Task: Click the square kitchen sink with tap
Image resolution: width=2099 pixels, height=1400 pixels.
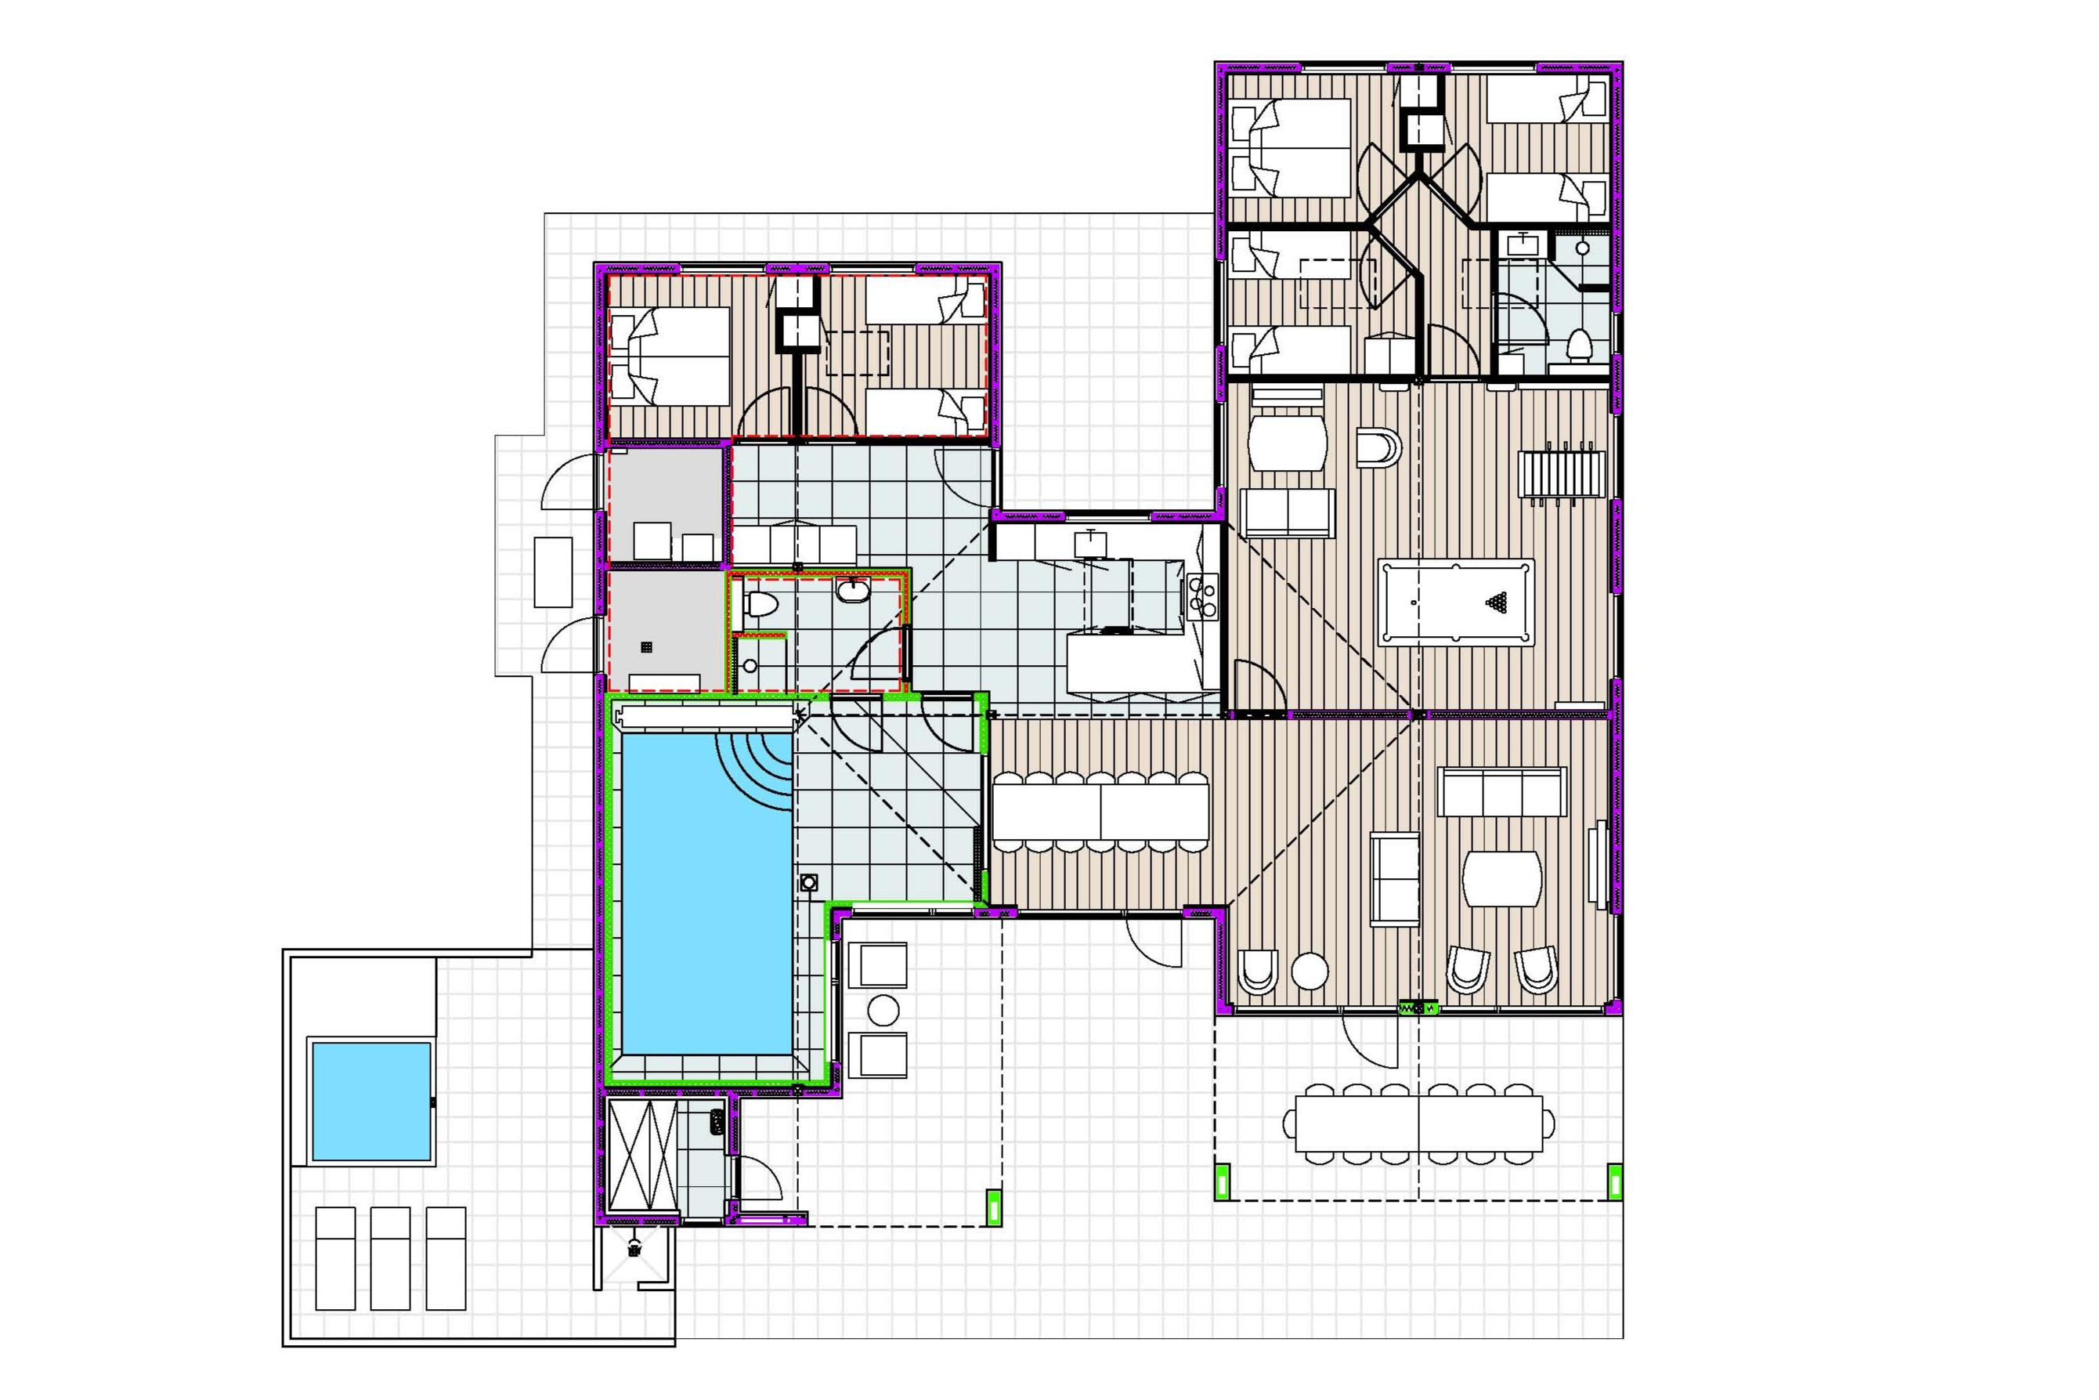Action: (1090, 543)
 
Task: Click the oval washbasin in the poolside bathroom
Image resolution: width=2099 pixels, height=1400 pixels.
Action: (853, 590)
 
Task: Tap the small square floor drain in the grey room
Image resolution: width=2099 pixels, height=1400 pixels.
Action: (646, 646)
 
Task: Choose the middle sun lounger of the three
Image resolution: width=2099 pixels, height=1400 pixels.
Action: (390, 1258)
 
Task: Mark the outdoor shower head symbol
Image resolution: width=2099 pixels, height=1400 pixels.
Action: (634, 1247)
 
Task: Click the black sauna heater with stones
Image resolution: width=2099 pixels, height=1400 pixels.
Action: (717, 1123)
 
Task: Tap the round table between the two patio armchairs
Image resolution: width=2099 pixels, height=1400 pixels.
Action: (883, 1010)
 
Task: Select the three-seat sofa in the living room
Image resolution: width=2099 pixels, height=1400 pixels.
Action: (1502, 792)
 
